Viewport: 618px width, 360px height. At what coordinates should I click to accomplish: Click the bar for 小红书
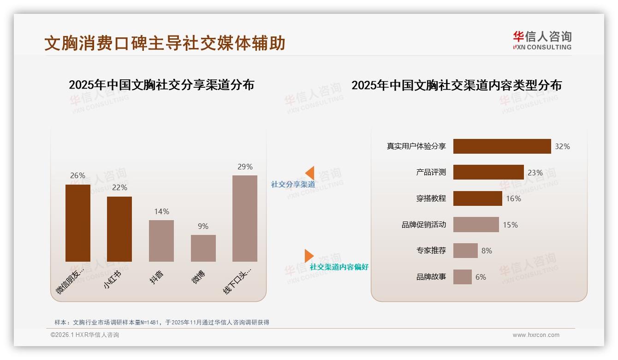[x=119, y=229]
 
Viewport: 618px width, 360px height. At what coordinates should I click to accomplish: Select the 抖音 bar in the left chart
[x=161, y=241]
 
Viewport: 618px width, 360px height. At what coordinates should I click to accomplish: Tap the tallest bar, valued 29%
[x=245, y=218]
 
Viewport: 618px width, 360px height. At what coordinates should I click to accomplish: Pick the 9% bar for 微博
[x=203, y=248]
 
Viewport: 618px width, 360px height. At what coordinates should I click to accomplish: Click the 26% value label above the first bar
[x=77, y=175]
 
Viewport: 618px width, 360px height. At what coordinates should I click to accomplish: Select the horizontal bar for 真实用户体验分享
[x=502, y=146]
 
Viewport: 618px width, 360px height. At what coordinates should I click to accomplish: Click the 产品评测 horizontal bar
[x=488, y=172]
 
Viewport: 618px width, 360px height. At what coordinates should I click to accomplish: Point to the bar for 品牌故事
[x=462, y=277]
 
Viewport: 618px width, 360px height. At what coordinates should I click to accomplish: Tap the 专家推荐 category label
[x=431, y=251]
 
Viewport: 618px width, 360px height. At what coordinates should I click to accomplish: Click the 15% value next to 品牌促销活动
[x=510, y=225]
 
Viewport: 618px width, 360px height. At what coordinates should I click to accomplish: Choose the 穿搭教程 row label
[x=431, y=198]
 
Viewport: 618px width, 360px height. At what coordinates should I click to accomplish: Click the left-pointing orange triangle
[x=309, y=173]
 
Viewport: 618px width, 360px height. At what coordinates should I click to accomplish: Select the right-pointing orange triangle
[x=309, y=256]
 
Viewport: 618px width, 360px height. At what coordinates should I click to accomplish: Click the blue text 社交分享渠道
[x=293, y=185]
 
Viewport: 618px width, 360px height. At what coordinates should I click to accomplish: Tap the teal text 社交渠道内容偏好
[x=339, y=267]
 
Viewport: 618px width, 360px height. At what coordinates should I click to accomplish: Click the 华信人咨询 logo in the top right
[x=542, y=40]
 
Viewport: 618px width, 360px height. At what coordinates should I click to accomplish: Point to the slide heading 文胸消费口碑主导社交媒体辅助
[x=165, y=43]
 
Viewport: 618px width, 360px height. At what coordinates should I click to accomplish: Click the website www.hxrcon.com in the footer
[x=535, y=335]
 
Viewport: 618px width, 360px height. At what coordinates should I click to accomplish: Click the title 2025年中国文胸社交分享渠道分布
[x=161, y=85]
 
